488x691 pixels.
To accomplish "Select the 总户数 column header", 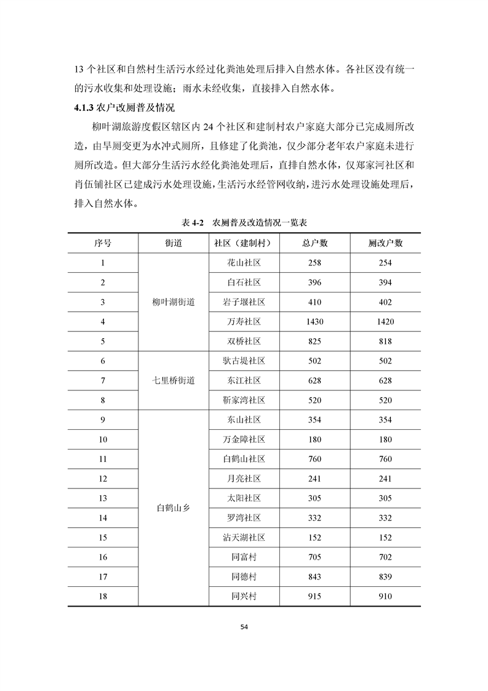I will click(315, 243).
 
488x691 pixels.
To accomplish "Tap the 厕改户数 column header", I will click(385, 243).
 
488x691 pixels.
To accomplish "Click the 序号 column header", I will click(103, 243).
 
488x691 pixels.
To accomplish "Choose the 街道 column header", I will click(174, 243).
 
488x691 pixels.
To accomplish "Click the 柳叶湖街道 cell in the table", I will click(174, 302).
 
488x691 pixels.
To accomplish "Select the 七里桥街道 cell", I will click(174, 381).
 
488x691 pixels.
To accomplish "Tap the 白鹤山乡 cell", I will click(174, 508).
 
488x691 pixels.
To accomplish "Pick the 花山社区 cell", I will click(244, 262).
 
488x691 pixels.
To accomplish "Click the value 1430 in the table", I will click(315, 321).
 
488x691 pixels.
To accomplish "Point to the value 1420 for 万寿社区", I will click(385, 321).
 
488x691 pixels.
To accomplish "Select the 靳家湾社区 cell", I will click(244, 400).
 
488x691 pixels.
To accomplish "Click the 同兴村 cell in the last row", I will click(244, 597).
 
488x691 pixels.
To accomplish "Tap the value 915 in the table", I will click(315, 597).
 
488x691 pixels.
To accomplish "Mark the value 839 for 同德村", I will click(385, 577).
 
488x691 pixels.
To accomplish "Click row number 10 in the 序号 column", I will click(103, 439).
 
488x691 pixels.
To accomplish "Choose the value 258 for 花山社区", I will click(315, 262).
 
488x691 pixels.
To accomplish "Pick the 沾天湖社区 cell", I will click(244, 538).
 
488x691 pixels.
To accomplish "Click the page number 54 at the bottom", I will click(244, 627).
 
